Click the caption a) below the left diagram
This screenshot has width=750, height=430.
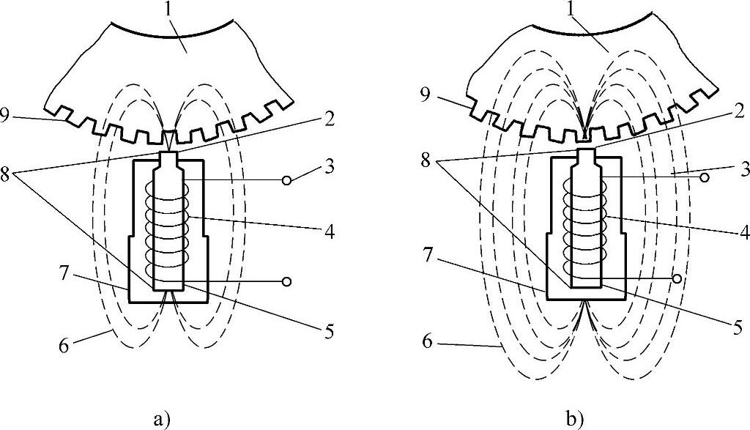pos(162,420)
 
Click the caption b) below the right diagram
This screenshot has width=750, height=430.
pos(575,420)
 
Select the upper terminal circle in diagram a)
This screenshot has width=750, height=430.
pos(287,179)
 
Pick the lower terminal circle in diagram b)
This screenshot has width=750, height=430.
pos(677,278)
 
